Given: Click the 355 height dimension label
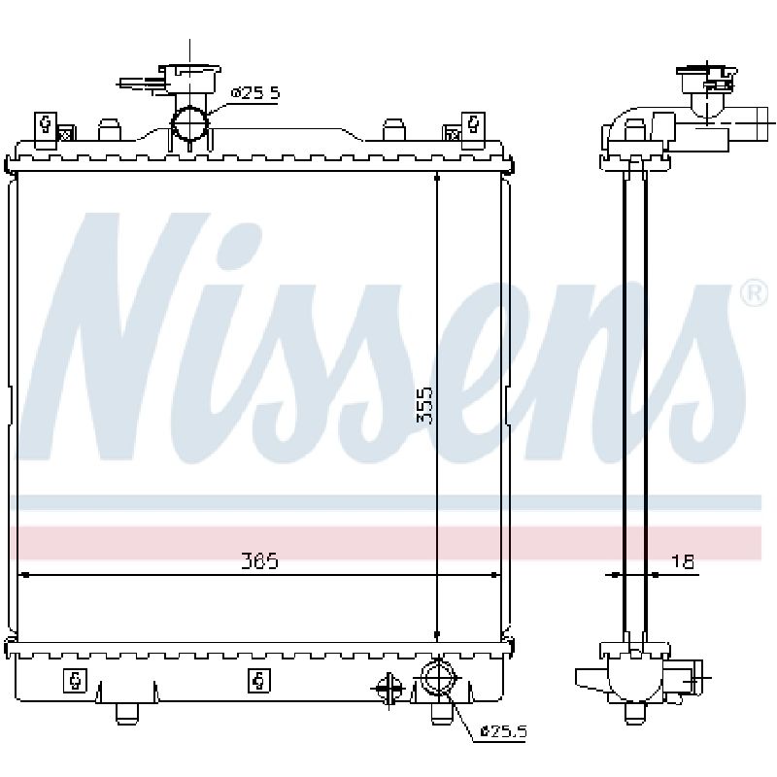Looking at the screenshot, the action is coord(425,405).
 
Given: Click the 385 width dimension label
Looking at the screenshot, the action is coord(259,561).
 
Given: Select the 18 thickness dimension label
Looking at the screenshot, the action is coord(683,561).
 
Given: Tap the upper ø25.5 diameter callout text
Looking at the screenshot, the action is coord(255,92).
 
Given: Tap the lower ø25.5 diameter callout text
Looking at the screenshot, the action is coord(503,731).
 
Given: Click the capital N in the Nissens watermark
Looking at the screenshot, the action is coord(118,337).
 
